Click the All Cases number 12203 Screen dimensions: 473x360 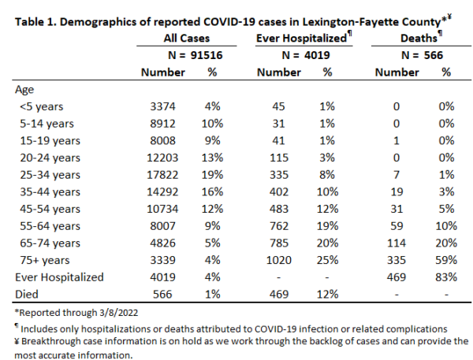[162, 158]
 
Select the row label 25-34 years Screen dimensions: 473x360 [50, 175]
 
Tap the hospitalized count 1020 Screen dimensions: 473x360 [279, 260]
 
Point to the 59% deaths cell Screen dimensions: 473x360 [446, 260]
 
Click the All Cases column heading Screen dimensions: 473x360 [186, 39]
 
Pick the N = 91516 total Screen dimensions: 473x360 [196, 55]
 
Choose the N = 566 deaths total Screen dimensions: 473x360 [422, 55]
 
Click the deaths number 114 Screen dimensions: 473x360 [397, 243]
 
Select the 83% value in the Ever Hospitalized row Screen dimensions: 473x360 [446, 277]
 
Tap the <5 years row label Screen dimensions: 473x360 [42, 106]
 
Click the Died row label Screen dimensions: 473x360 [27, 295]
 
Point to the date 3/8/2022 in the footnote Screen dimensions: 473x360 [118, 313]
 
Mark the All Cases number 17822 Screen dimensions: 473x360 [162, 175]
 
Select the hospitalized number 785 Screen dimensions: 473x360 [279, 243]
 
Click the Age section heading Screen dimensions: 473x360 [24, 90]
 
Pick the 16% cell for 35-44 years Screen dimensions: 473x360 [212, 191]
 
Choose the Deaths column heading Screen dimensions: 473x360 [419, 39]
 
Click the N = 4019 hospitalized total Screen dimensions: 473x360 [306, 55]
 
